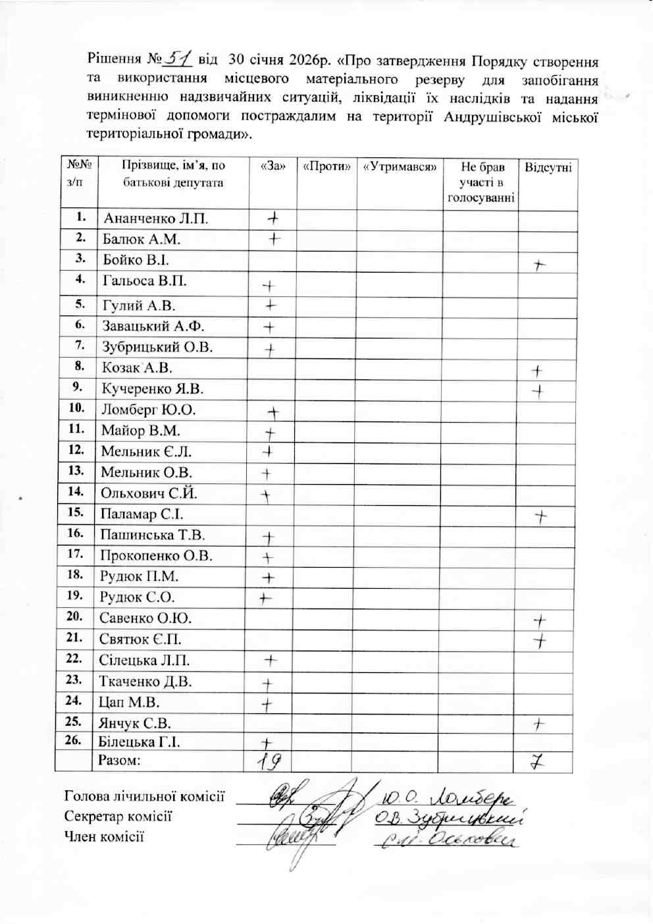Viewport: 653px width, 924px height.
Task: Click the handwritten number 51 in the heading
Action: [176, 60]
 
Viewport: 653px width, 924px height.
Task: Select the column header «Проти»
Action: [326, 167]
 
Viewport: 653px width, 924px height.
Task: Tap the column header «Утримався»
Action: [400, 167]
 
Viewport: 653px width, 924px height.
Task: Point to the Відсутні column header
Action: [548, 167]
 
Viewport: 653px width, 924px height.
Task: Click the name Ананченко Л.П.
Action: [155, 218]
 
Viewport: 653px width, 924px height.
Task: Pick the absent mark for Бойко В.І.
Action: [539, 265]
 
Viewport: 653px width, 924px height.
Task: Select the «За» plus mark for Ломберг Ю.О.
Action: [273, 413]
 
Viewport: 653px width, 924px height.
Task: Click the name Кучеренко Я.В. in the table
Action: [153, 389]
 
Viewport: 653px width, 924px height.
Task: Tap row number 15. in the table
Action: [75, 512]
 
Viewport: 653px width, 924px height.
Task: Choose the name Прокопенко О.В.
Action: [156, 556]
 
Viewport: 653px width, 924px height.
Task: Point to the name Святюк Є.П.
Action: [140, 639]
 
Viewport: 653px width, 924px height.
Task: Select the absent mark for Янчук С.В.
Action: [539, 724]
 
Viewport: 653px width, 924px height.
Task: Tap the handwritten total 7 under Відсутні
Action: [538, 763]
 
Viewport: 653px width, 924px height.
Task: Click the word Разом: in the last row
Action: [120, 761]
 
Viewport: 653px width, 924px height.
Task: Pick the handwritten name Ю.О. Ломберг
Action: [448, 798]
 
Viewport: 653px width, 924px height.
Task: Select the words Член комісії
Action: [104, 837]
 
